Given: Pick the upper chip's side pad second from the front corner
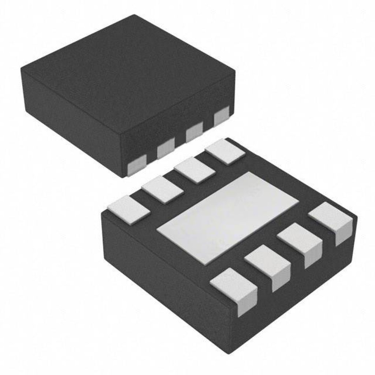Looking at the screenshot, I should coord(165,148).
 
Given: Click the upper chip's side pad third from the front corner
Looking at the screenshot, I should coord(194,133).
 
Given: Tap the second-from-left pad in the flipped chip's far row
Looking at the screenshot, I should coord(162,189).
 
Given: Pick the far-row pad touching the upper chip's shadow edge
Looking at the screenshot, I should coord(225,152).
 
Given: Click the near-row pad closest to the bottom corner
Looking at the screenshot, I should coord(234,289).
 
